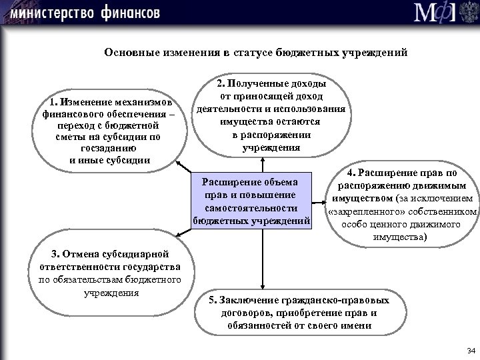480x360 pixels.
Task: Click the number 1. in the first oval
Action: click(x=53, y=103)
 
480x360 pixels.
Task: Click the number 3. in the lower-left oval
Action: click(x=55, y=253)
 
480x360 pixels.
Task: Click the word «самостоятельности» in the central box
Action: click(x=251, y=208)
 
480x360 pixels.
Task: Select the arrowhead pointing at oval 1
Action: click(x=179, y=161)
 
